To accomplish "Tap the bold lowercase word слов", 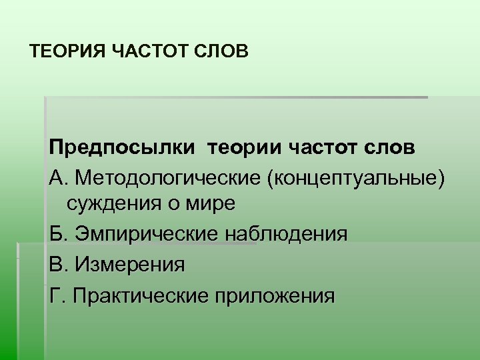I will tap(394, 147).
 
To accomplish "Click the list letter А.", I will tap(57, 177).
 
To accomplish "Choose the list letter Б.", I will tap(57, 234).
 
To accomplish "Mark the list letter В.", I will tap(57, 265).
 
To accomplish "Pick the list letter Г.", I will tap(55, 294).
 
